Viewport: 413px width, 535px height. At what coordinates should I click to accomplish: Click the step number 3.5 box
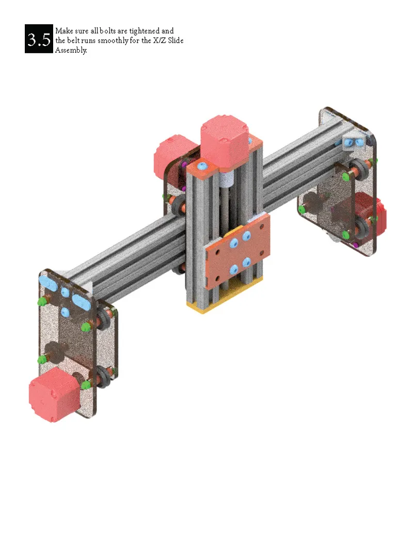[x=39, y=39]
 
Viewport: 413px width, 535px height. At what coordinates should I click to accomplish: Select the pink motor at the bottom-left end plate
[x=54, y=394]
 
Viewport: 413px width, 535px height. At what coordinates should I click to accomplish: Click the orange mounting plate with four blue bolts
[x=237, y=254]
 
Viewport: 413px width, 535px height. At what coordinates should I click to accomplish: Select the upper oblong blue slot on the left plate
[x=50, y=284]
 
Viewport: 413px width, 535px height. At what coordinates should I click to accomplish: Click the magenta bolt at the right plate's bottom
[x=356, y=244]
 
